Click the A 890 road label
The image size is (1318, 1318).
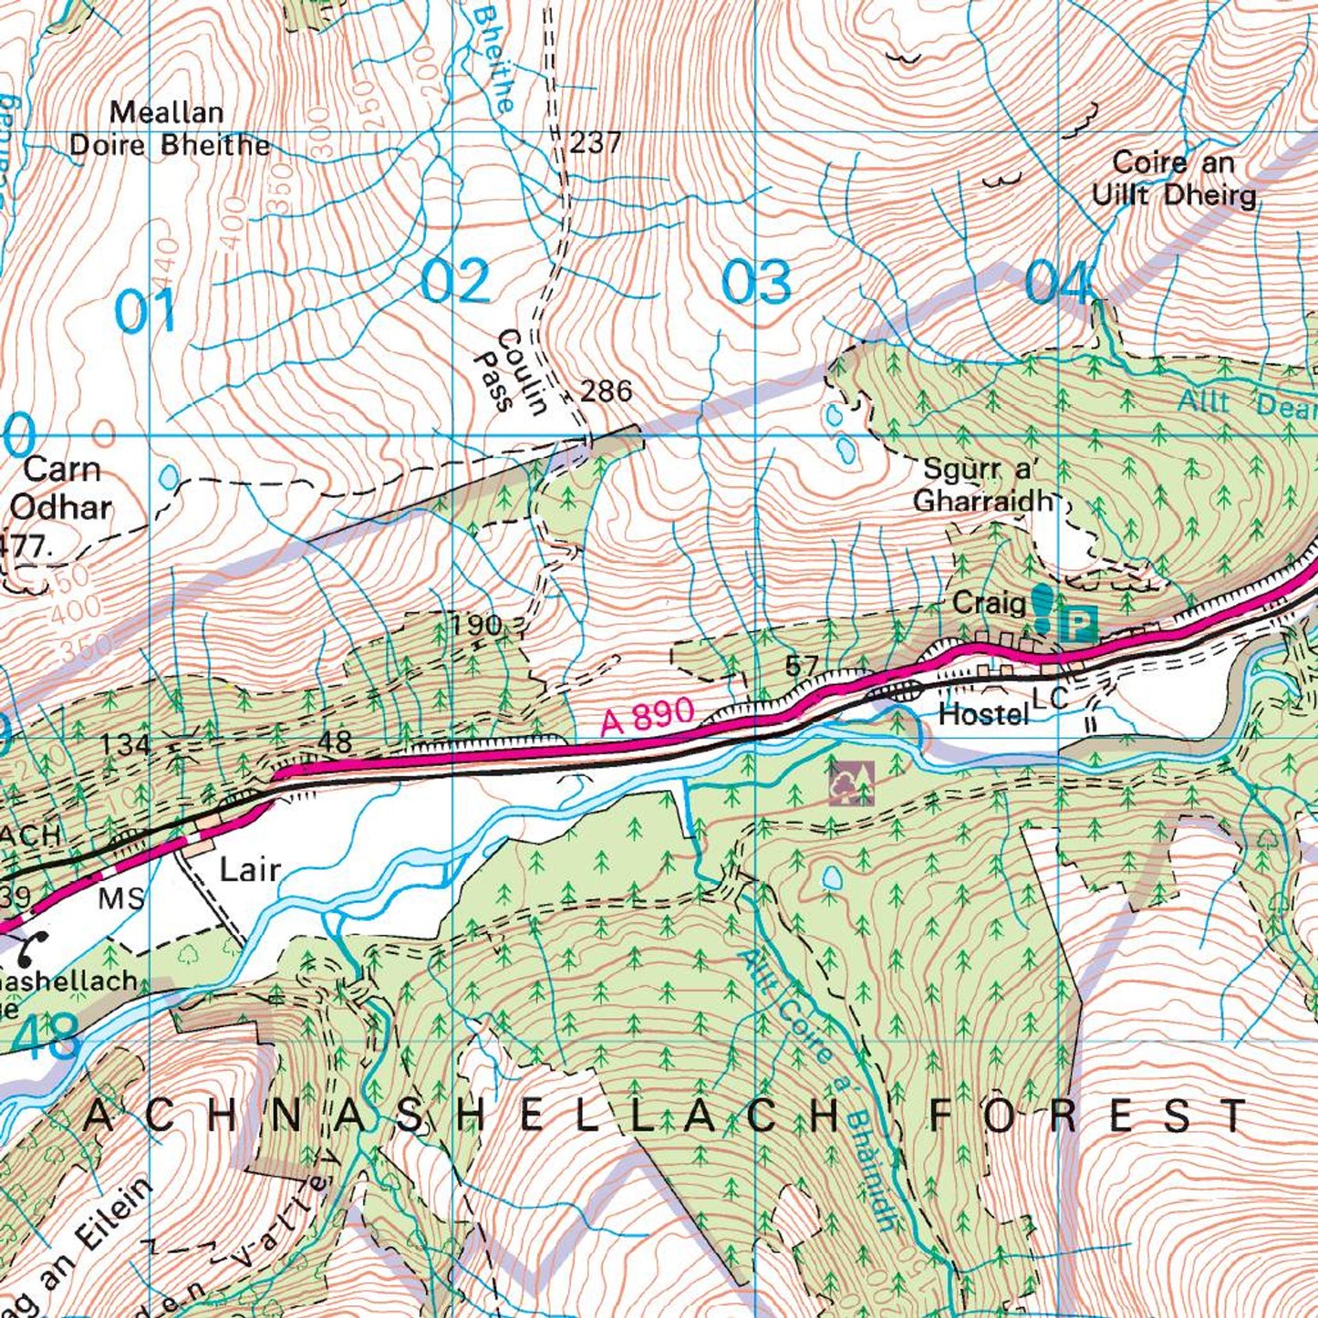(x=648, y=716)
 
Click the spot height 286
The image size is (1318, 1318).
(x=607, y=391)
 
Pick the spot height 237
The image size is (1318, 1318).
(x=596, y=142)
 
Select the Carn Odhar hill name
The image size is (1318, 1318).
(x=61, y=489)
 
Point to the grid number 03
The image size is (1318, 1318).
(x=756, y=282)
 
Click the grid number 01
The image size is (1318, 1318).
(x=146, y=312)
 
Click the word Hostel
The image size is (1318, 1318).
(x=983, y=714)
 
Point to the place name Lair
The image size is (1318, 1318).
(x=250, y=869)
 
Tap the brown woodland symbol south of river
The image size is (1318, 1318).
(x=851, y=784)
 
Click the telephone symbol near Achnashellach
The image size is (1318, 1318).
(x=32, y=950)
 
